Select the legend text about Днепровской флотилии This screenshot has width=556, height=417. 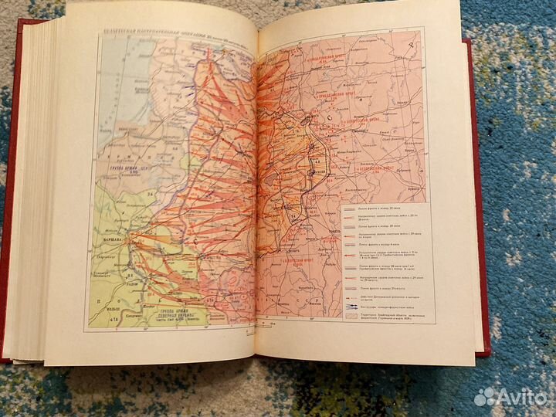pyautogui.click(x=386, y=297)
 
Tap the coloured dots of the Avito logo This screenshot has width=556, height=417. pyautogui.click(x=483, y=396)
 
